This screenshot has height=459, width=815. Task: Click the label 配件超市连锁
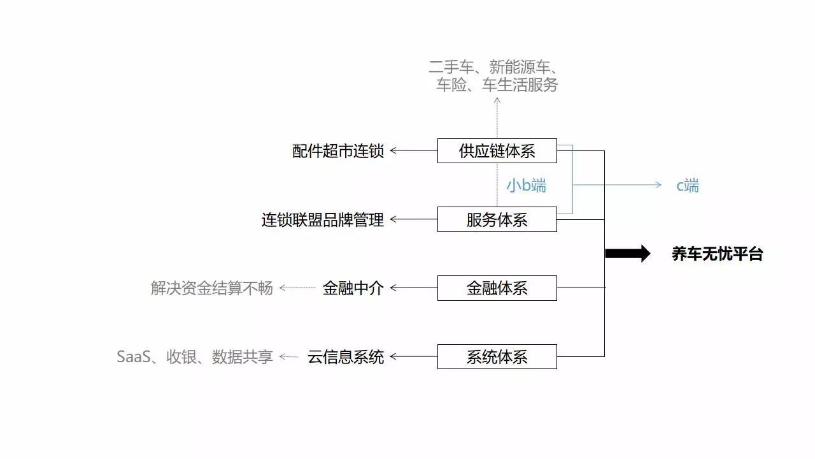(338, 151)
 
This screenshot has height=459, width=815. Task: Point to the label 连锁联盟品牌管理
(323, 220)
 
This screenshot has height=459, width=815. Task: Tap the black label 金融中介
(353, 288)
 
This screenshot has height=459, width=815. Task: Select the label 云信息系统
(346, 356)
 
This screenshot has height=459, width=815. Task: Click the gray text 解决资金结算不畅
(212, 288)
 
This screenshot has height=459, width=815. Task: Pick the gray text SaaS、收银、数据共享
(195, 356)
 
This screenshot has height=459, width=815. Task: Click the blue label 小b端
(527, 186)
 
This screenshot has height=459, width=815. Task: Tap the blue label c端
(688, 186)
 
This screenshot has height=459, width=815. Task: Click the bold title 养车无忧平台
(717, 254)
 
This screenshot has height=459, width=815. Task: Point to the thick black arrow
(628, 254)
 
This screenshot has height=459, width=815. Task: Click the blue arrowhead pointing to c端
(658, 185)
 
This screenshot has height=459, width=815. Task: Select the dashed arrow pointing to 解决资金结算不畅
(297, 288)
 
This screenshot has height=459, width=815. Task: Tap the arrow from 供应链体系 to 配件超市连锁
(414, 150)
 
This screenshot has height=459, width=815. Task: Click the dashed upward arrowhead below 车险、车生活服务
(497, 101)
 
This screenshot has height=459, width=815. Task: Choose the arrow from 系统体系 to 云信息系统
(414, 356)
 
